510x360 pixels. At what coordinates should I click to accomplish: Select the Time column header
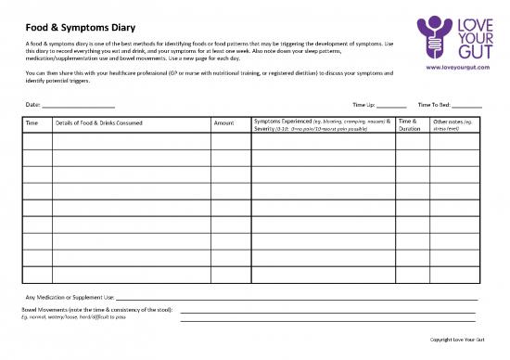pos(32,122)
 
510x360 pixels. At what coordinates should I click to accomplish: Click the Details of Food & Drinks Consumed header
pos(99,122)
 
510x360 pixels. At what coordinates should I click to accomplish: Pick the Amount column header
pos(223,122)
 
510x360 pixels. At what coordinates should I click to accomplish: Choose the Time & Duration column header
pos(409,124)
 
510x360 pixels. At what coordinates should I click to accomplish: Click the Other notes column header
pos(454,124)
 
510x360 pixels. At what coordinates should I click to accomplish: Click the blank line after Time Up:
pos(391,107)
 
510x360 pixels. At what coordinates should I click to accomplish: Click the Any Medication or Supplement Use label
pos(70,296)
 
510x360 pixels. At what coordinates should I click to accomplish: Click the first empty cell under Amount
pos(230,142)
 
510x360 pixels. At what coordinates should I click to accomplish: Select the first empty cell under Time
pos(37,142)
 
